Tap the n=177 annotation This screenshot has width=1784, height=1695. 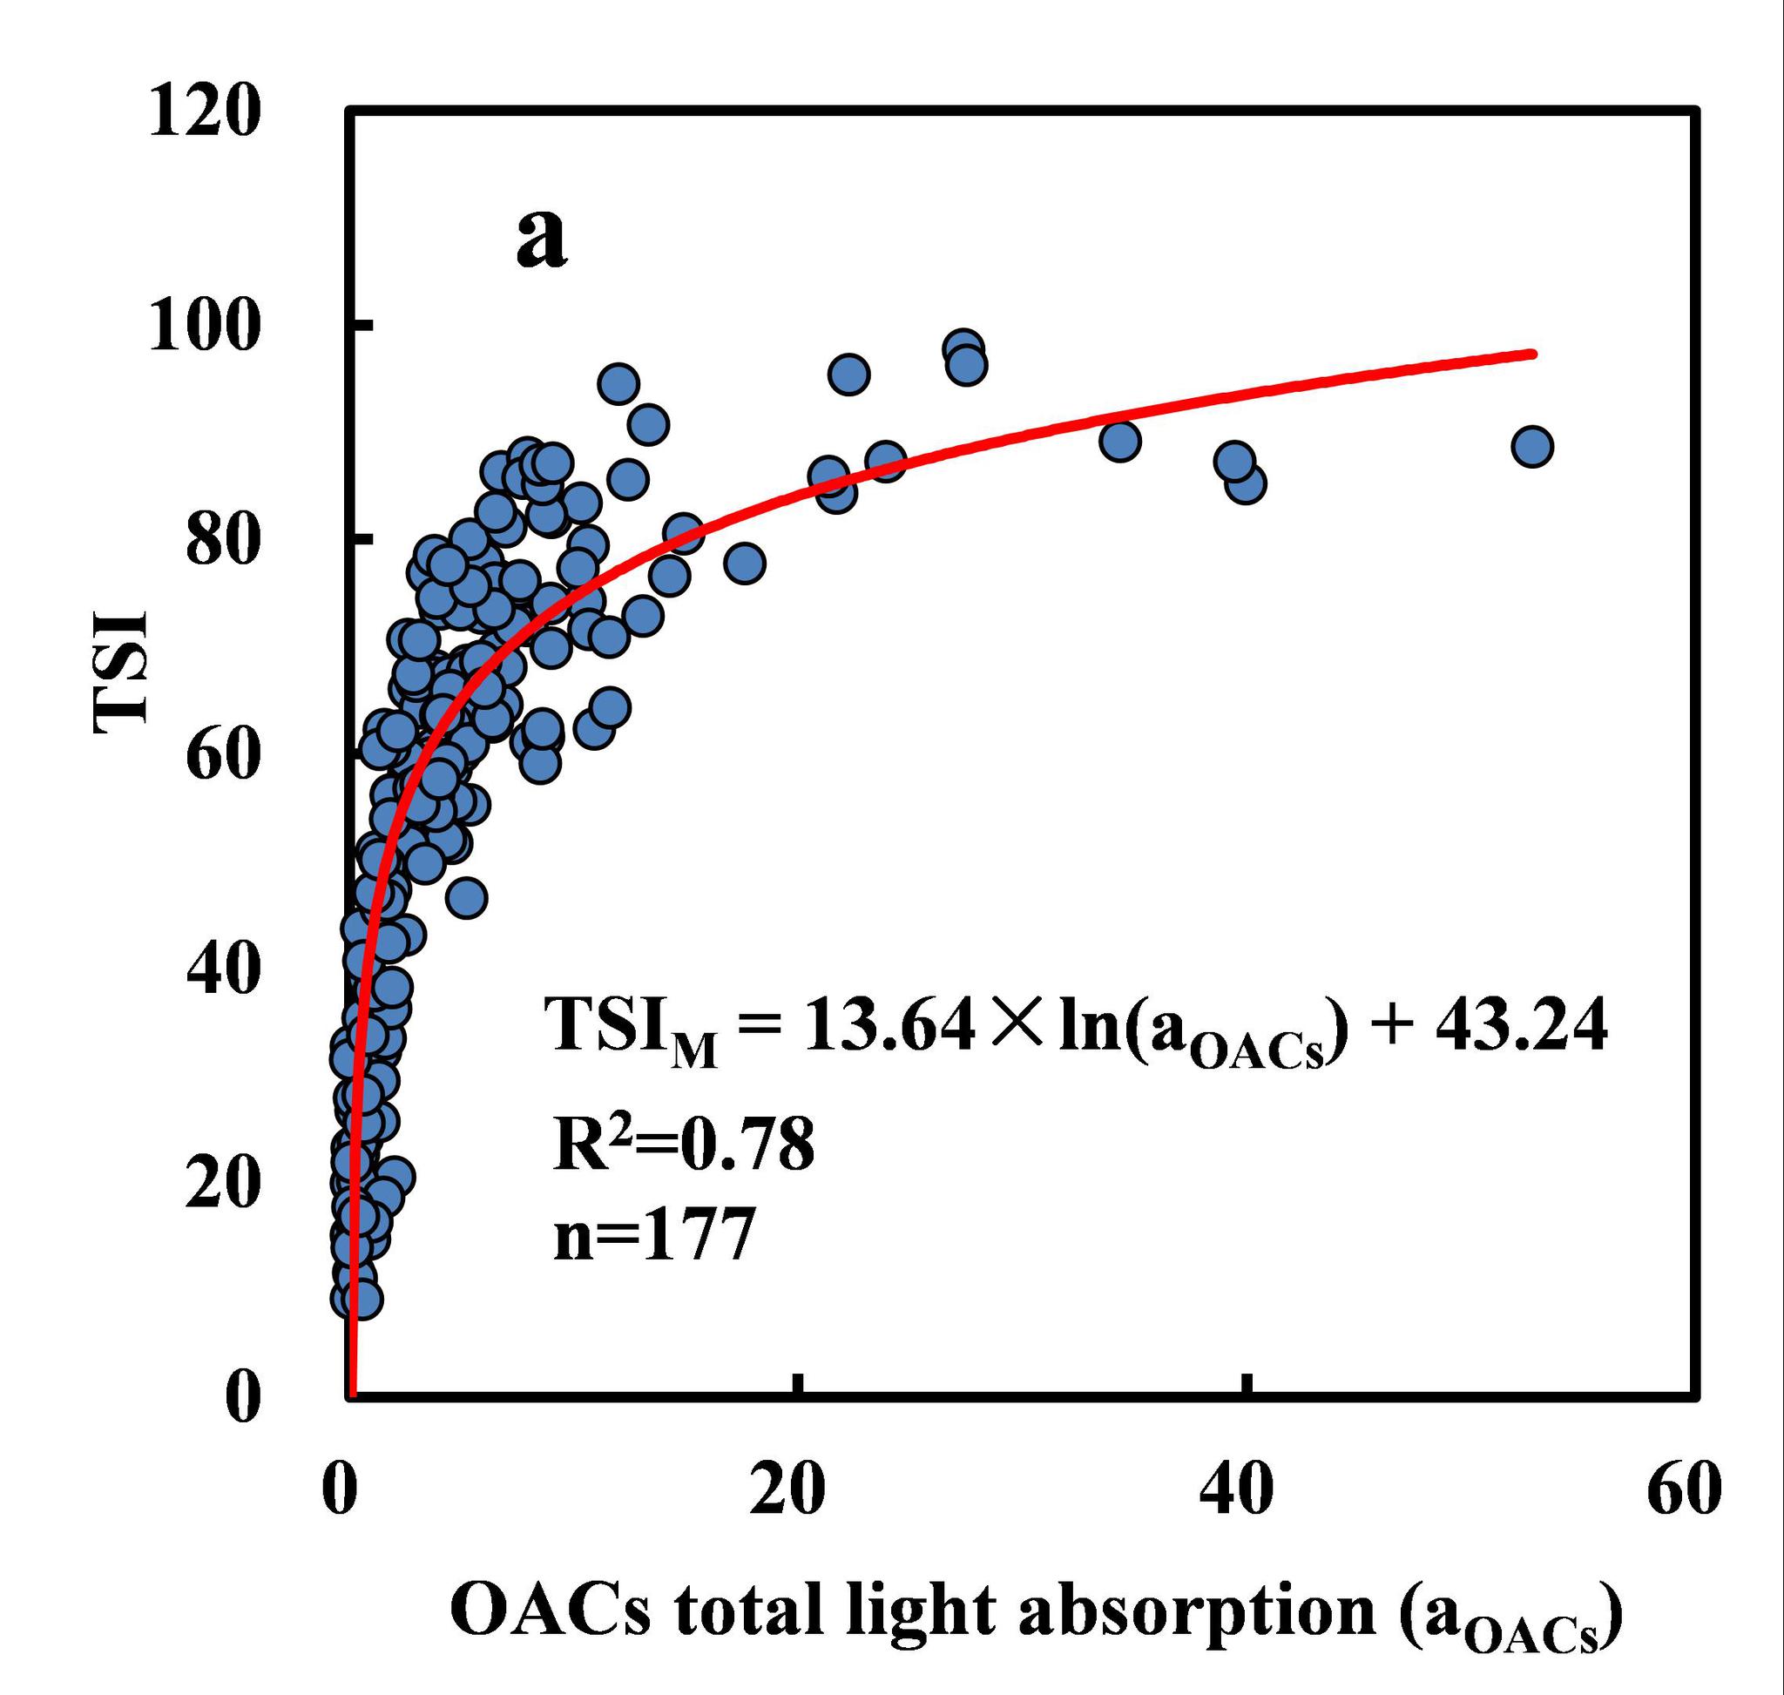coord(653,1236)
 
